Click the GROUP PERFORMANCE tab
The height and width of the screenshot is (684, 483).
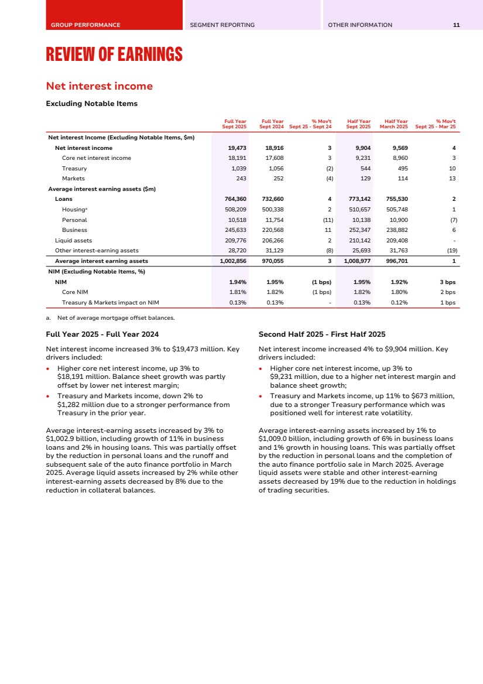[85, 25]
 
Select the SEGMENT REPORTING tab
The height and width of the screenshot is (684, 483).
[222, 25]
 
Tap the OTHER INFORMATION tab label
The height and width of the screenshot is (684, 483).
[360, 25]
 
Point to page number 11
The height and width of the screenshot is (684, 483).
[456, 25]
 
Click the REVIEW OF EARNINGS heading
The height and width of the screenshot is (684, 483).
[114, 55]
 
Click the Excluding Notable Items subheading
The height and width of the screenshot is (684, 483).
[91, 104]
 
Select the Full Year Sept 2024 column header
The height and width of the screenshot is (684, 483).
[271, 124]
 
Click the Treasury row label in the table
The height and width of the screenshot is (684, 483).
[74, 169]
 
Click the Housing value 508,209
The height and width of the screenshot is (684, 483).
[235, 210]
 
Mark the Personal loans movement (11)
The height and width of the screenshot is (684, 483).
[326, 220]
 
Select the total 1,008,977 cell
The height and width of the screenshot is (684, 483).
[355, 261]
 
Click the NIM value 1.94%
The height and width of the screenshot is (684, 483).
[237, 282]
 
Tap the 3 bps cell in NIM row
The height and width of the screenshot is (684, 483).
[447, 282]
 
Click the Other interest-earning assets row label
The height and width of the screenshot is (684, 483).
[97, 251]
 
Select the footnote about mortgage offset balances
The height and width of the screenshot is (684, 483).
[114, 318]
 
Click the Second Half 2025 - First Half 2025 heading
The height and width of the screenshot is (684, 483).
[322, 334]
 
